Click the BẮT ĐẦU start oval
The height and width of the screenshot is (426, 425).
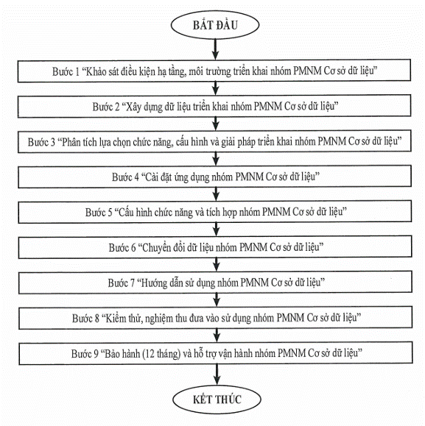pos(215,25)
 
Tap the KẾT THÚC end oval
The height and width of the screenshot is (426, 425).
pos(217,400)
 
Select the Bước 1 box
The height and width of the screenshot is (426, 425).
pos(214,71)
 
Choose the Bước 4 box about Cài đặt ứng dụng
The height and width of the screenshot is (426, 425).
pos(215,177)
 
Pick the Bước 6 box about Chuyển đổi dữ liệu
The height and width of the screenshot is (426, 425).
pos(215,247)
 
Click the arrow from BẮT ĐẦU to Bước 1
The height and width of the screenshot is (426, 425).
pos(215,49)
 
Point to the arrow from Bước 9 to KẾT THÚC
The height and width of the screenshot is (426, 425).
pos(217,374)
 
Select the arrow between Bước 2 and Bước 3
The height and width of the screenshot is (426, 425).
pos(216,124)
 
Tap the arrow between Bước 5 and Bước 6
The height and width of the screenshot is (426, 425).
pos(216,230)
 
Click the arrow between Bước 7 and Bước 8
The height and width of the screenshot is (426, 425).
pos(217,300)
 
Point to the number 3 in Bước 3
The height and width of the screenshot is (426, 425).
pos(52,142)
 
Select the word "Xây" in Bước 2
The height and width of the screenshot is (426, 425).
pos(133,107)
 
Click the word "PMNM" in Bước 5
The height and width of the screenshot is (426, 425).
pos(276,212)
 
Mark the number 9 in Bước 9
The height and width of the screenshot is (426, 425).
pos(96,354)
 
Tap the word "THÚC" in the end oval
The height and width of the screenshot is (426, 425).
pos(228,400)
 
